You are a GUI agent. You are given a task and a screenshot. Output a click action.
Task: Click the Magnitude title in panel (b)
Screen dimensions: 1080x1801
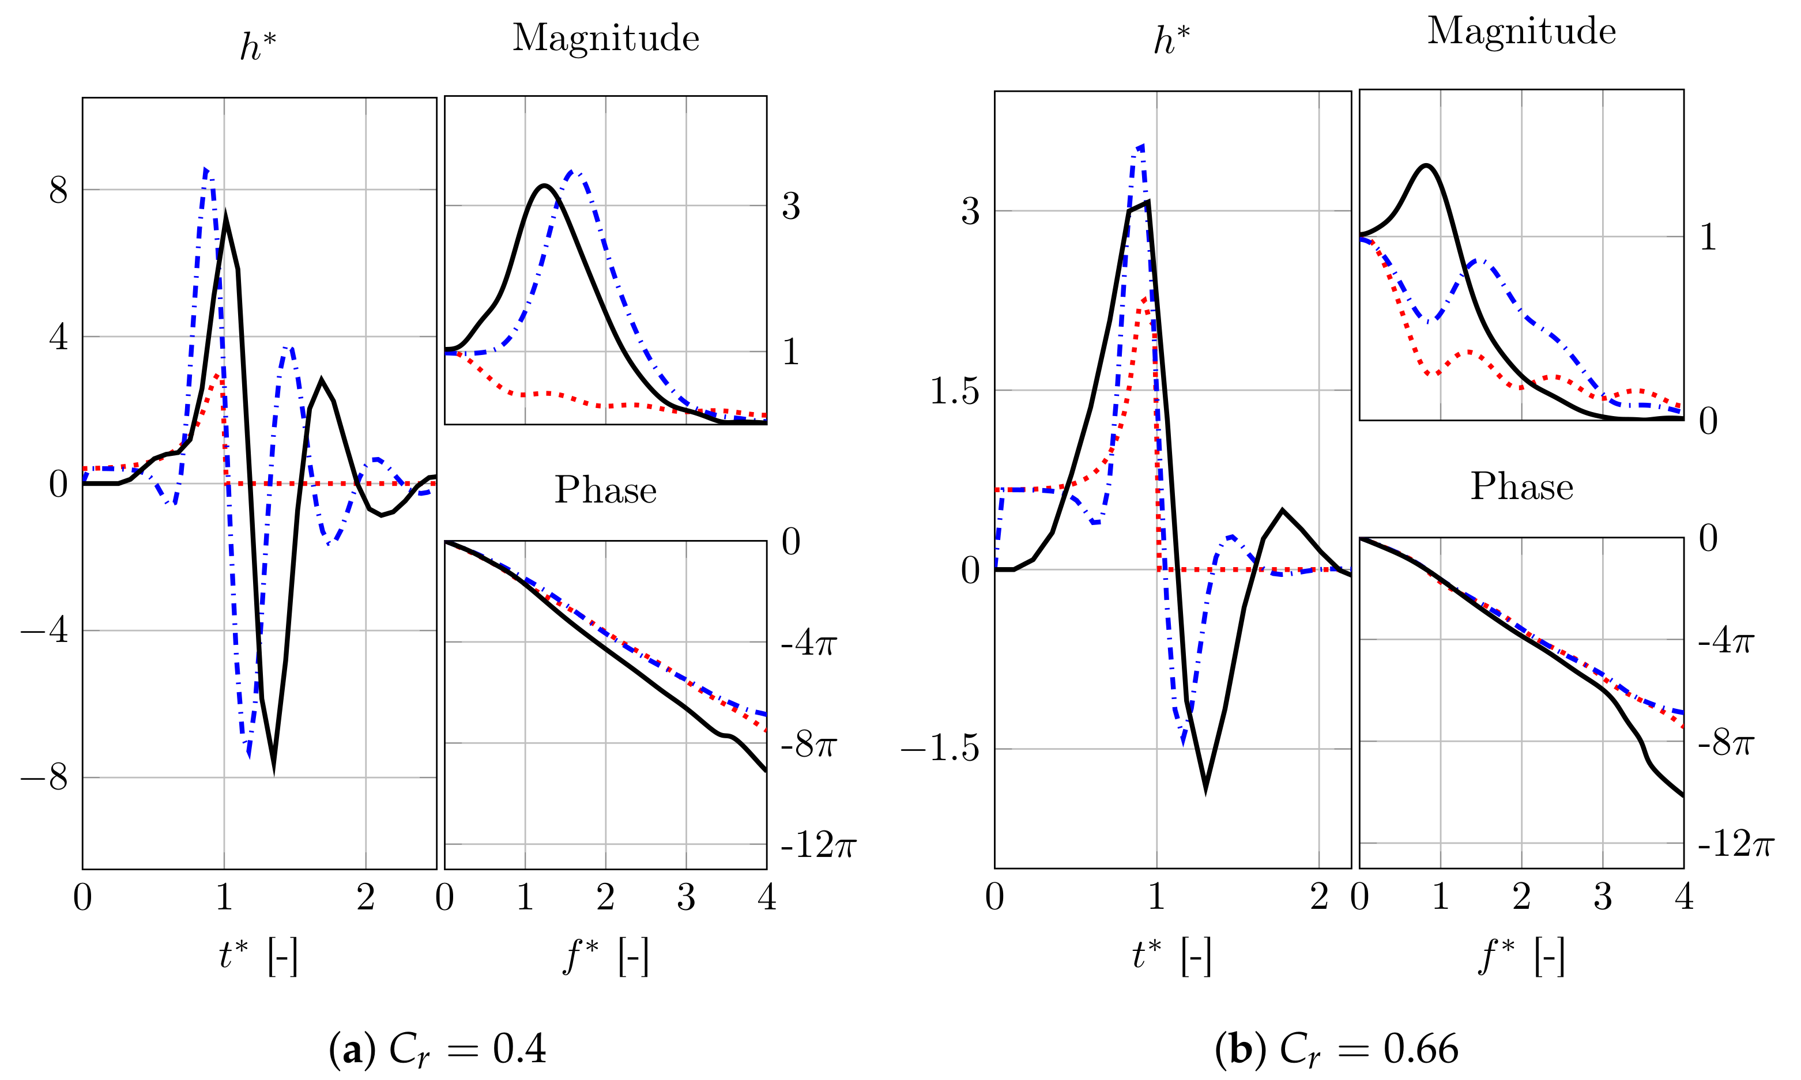[x=1521, y=31]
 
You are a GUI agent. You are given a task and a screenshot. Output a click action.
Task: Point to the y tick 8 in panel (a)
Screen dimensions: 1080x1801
[x=58, y=191]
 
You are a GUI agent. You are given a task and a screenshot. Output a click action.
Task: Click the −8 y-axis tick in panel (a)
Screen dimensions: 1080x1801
[x=45, y=777]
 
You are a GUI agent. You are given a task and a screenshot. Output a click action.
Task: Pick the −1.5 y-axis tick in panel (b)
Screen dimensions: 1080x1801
[x=940, y=748]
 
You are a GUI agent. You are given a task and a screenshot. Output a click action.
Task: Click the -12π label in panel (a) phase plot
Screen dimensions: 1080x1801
[x=817, y=845]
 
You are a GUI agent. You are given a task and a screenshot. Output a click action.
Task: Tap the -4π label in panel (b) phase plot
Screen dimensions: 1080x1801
[x=1725, y=640]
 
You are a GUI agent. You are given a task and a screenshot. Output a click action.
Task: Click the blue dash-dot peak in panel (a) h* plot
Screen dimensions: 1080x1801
[x=206, y=169]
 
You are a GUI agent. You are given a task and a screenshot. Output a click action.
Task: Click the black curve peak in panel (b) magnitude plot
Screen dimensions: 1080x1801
[x=1426, y=166]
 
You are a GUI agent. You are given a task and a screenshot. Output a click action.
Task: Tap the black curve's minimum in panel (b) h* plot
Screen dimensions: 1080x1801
[x=1205, y=786]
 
